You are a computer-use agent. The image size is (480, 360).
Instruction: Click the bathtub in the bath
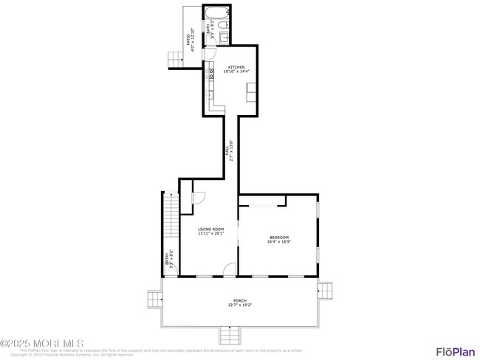(217, 13)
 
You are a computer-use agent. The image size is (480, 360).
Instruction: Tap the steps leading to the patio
(176, 59)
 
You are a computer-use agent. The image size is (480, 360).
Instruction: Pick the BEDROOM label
(278, 237)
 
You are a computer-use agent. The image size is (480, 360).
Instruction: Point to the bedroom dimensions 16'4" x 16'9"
(278, 241)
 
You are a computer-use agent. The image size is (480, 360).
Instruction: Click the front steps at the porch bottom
(232, 337)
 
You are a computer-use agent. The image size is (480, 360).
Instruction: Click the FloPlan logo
(455, 351)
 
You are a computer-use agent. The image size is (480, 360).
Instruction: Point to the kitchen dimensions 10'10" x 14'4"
(236, 72)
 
